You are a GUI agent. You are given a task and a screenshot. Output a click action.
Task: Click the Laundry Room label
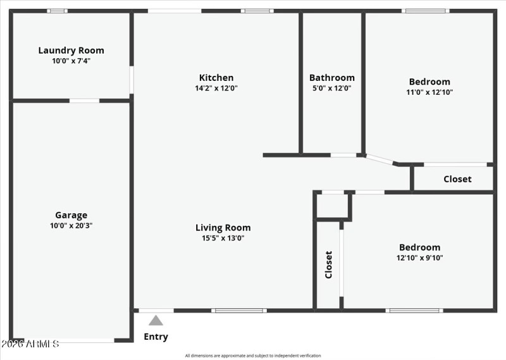71,51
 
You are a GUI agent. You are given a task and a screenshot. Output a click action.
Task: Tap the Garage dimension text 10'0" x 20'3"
71,225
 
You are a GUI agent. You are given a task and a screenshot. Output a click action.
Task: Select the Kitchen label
216,78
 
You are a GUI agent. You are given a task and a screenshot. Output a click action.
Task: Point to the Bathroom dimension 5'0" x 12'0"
331,88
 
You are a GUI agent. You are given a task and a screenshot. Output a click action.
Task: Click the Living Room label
223,228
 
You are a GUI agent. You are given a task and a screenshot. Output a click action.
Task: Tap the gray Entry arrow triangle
156,321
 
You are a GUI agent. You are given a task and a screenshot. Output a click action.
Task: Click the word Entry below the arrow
156,337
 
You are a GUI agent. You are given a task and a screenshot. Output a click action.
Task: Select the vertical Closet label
328,264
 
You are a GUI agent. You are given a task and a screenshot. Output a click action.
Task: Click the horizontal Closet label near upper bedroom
457,179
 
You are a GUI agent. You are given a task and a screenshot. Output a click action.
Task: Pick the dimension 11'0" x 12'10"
429,92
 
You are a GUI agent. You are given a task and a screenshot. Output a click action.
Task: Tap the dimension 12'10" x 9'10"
419,258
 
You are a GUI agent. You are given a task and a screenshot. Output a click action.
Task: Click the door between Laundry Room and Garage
84,101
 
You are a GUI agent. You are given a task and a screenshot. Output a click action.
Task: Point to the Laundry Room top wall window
58,11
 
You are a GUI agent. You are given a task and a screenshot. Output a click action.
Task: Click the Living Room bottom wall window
238,311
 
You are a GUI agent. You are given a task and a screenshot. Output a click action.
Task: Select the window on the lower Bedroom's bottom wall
414,311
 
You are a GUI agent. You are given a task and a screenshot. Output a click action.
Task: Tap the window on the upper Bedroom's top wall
426,11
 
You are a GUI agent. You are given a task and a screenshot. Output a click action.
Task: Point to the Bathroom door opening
343,155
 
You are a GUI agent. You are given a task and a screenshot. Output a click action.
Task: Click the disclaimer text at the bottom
253,356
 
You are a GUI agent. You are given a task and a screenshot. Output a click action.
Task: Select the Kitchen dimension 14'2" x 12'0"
216,89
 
